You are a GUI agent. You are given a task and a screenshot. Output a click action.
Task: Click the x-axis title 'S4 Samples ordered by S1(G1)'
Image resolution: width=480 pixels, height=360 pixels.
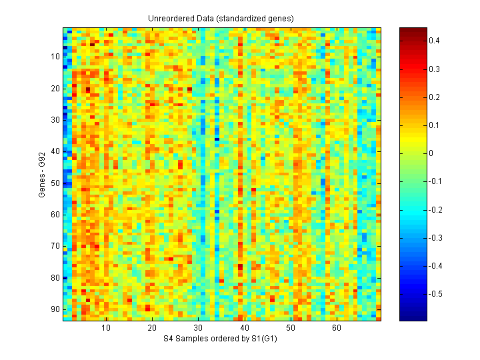pos(221,339)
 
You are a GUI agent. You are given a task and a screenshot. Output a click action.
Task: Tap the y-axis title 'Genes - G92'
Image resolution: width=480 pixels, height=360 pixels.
pos(41,175)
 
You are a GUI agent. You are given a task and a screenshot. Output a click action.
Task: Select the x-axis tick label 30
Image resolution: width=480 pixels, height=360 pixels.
pos(198,329)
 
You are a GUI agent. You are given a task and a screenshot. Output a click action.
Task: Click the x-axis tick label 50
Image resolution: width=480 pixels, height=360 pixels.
pos(290,329)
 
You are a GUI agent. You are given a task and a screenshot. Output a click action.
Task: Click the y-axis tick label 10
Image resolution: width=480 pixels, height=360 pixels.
pos(56,57)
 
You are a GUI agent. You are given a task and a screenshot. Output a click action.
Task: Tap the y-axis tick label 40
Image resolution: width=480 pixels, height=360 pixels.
pos(56,151)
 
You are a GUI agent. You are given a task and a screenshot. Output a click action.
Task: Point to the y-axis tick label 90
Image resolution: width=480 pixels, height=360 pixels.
pos(56,309)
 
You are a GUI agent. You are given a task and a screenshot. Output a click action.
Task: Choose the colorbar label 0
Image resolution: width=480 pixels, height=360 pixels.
pos(431,153)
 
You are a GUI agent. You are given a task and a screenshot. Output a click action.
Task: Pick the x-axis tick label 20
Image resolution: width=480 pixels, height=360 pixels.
pos(152,329)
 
